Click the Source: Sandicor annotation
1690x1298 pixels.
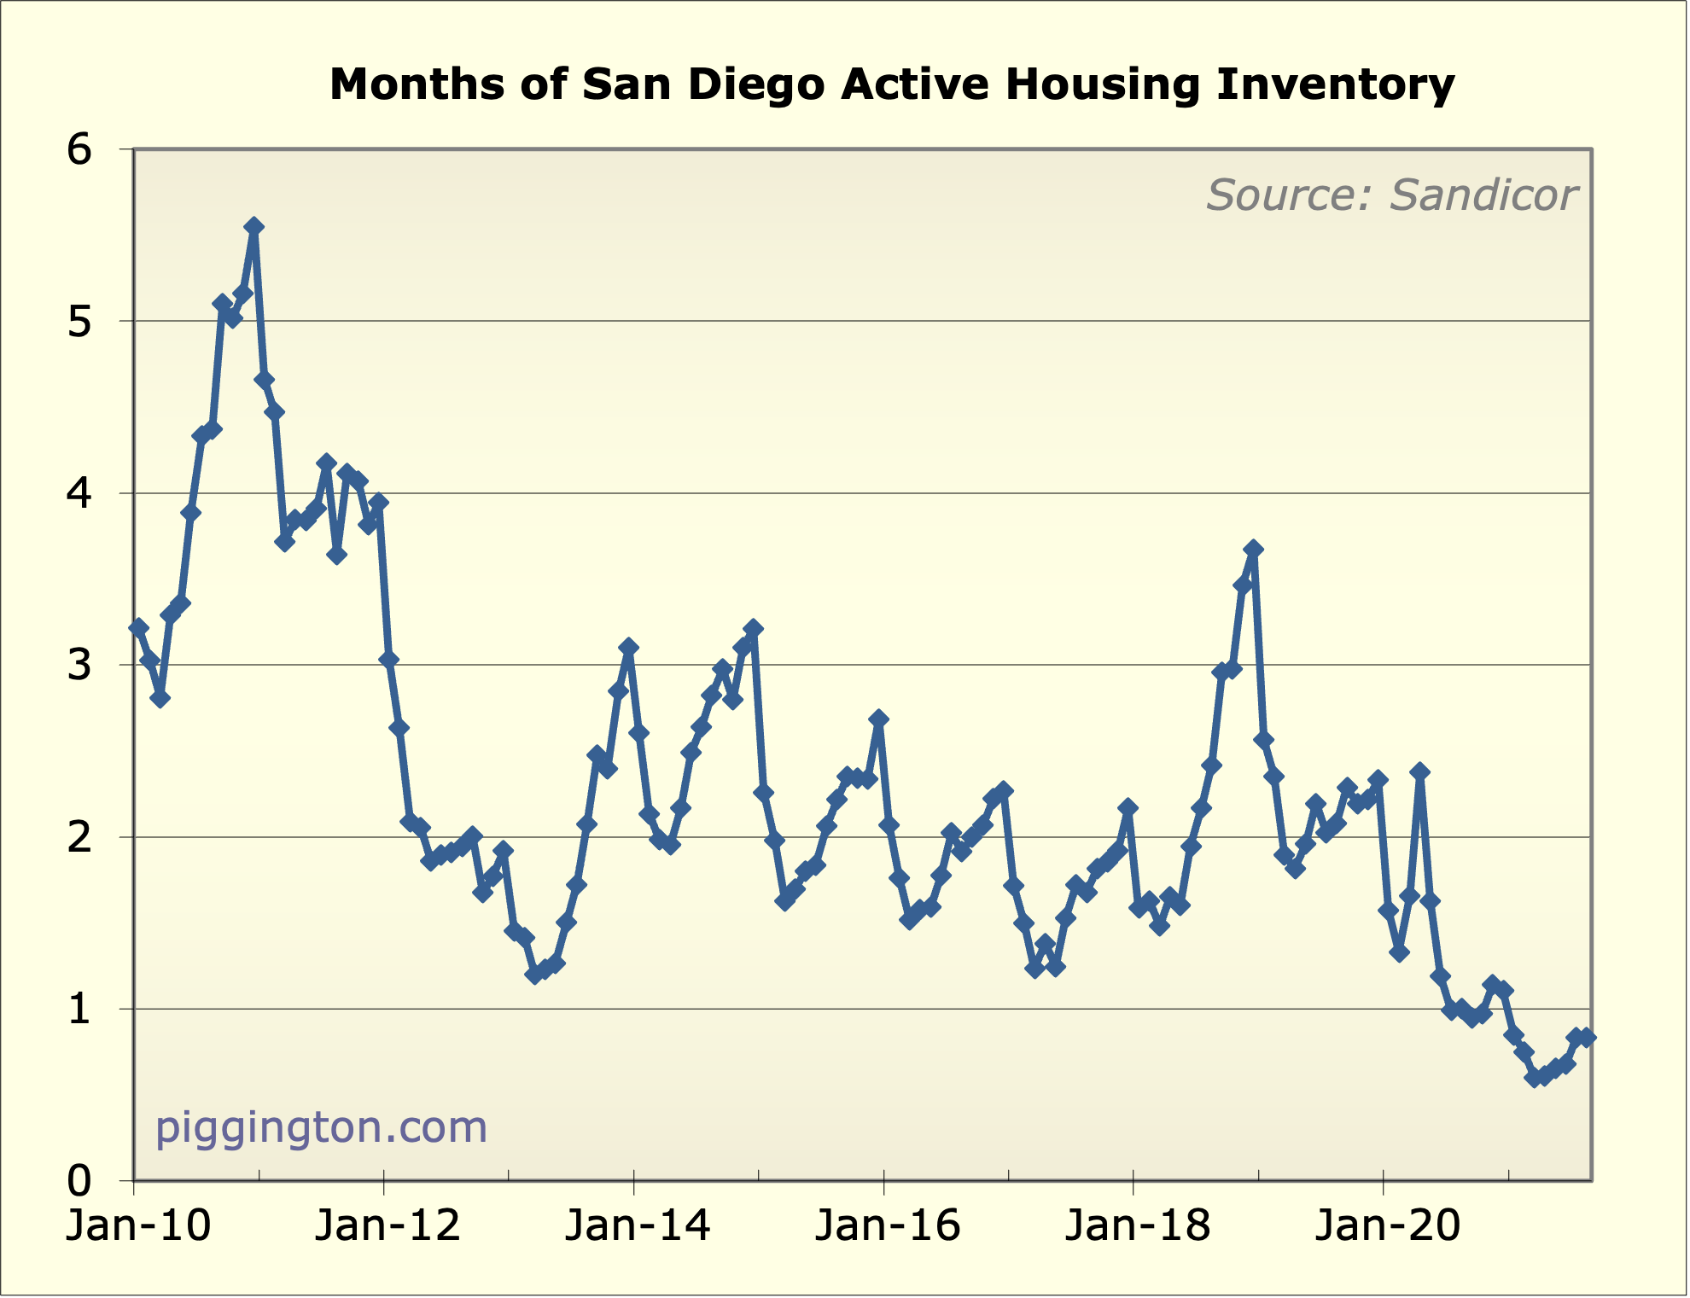click(x=1390, y=195)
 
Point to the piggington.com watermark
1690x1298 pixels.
click(x=321, y=1126)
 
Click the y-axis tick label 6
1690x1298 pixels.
click(x=79, y=150)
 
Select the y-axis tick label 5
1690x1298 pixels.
click(x=79, y=323)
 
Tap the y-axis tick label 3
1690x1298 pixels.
click(x=79, y=666)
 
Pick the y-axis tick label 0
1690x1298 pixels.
click(x=79, y=1181)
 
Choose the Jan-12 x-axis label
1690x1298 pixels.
click(x=388, y=1226)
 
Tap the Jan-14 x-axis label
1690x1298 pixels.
click(x=638, y=1226)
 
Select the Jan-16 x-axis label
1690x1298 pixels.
click(x=888, y=1226)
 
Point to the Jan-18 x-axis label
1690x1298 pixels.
click(x=1137, y=1226)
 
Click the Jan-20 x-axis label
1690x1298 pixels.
click(x=1387, y=1226)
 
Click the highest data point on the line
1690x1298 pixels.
click(x=253, y=226)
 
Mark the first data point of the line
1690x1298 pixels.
click(x=139, y=628)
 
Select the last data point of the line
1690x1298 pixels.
click(x=1587, y=1038)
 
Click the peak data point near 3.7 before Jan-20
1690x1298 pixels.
click(x=1253, y=549)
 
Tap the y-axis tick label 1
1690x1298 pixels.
click(x=79, y=1010)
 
